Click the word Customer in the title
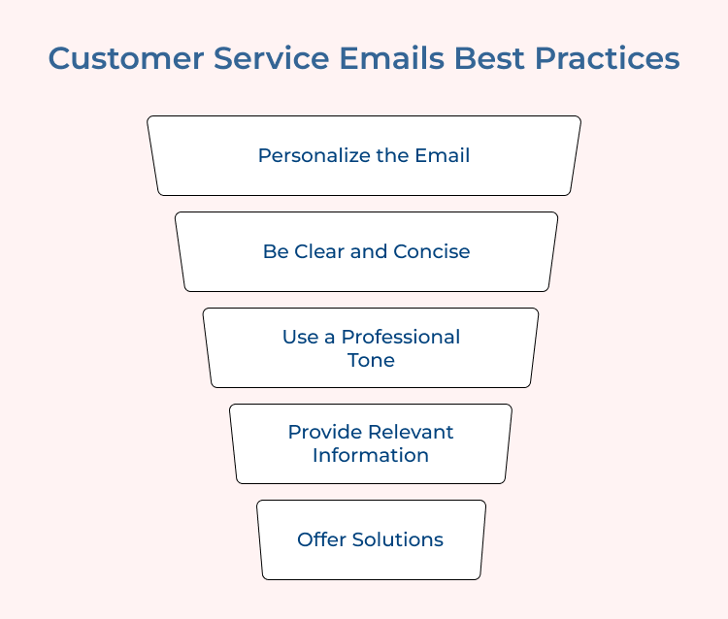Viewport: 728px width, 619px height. [x=119, y=58]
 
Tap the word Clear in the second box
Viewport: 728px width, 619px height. [x=319, y=251]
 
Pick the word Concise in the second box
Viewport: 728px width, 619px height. [x=431, y=251]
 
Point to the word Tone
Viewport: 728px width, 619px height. [x=371, y=360]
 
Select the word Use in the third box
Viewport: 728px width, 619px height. [x=297, y=337]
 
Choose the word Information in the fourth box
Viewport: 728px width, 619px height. [x=371, y=455]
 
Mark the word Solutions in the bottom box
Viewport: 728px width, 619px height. [x=398, y=539]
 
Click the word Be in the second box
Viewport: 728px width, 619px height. [x=275, y=251]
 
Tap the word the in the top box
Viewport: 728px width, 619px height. [x=388, y=155]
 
